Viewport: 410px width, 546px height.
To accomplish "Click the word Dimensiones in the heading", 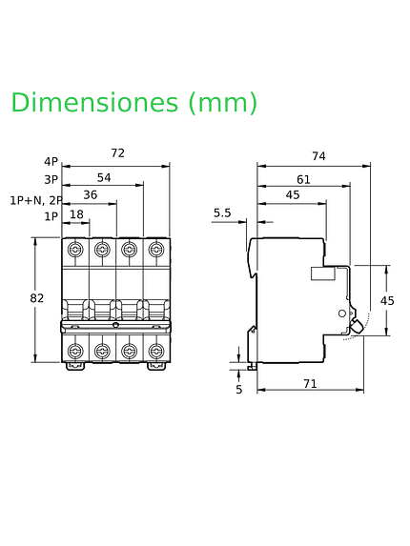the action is click(x=94, y=102).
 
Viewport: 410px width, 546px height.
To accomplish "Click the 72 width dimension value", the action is click(x=117, y=152).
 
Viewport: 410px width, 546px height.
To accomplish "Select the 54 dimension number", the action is click(x=104, y=177).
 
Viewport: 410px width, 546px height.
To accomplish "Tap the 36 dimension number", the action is click(x=91, y=194).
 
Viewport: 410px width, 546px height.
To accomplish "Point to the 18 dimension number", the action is click(x=76, y=214).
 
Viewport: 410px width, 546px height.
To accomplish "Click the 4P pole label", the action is click(x=51, y=162).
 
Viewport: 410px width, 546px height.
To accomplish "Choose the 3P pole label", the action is click(x=51, y=180).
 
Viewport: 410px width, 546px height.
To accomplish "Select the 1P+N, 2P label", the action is click(x=36, y=200).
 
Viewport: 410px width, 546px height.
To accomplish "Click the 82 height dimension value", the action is click(x=37, y=298).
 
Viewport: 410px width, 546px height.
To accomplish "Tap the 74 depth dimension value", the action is click(x=318, y=156).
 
